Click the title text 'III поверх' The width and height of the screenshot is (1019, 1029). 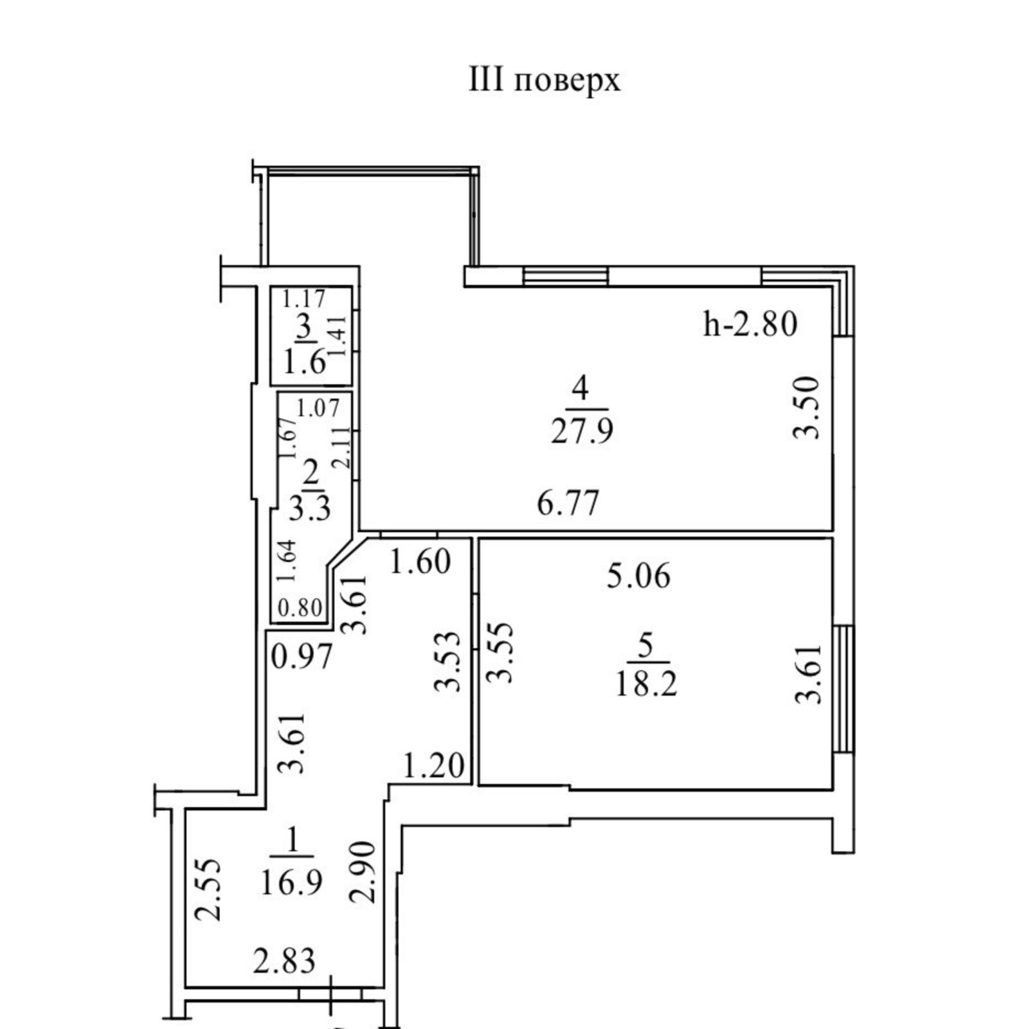[x=545, y=82]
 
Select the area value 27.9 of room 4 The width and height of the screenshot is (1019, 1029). [x=582, y=432]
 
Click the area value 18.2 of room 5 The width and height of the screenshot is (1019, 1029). [x=646, y=685]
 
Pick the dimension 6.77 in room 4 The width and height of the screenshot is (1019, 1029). [x=568, y=502]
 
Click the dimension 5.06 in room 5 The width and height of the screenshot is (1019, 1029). [x=638, y=576]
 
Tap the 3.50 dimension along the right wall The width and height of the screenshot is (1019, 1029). [x=807, y=408]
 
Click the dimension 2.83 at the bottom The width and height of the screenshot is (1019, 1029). [x=284, y=961]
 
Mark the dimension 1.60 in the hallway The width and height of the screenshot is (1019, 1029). [x=420, y=562]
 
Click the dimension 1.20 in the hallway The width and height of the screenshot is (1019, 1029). [x=433, y=766]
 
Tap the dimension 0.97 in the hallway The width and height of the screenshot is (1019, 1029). [x=302, y=657]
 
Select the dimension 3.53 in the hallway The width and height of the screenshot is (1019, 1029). [x=448, y=662]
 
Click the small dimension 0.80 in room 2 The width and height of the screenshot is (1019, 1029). [x=300, y=608]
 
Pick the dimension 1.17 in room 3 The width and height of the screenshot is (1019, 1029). [x=305, y=298]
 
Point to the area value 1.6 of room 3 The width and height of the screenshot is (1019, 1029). [x=305, y=364]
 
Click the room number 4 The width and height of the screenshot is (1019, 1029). [x=581, y=388]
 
